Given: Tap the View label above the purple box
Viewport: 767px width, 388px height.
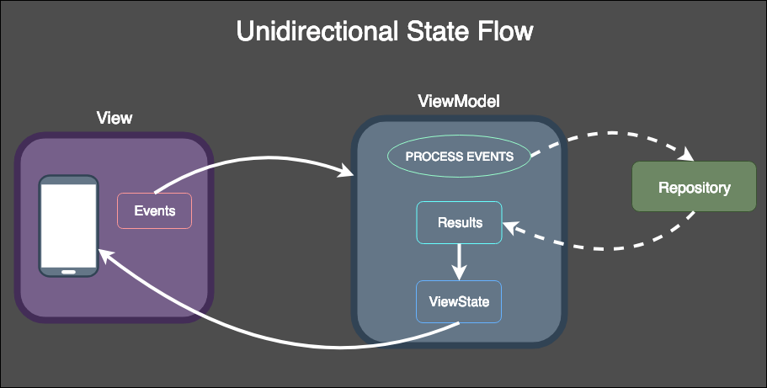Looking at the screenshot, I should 115,118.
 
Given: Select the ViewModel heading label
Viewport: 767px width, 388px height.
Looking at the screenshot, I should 459,101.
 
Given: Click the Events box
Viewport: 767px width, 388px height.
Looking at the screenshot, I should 155,210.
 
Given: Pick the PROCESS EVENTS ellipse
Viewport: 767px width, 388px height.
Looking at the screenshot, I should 459,157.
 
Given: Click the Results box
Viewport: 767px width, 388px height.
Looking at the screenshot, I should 460,223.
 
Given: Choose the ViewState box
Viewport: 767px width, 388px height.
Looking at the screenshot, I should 459,301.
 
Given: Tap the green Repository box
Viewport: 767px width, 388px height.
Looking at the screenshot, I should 694,187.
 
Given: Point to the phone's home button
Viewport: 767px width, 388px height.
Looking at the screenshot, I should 69,271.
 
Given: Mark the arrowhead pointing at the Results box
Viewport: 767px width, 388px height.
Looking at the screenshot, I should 510,226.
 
